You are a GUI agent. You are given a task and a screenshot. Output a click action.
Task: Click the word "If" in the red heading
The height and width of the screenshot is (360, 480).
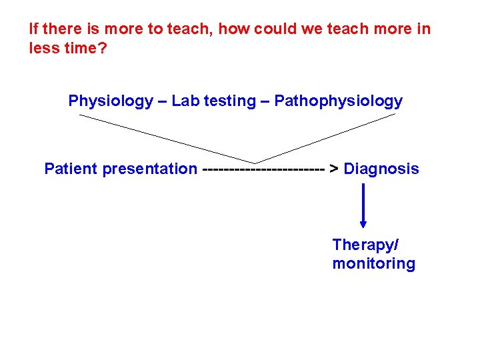click(x=34, y=29)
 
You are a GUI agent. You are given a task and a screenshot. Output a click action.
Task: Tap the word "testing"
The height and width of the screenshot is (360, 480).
click(x=230, y=101)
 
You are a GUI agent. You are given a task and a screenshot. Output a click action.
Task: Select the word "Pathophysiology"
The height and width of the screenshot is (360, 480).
click(x=339, y=101)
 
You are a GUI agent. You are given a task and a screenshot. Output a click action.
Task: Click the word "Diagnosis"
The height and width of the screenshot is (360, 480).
click(x=381, y=169)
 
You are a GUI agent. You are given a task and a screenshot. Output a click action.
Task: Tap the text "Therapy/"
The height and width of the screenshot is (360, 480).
click(x=365, y=245)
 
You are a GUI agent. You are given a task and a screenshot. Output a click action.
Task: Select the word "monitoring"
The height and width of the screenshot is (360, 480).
click(x=373, y=264)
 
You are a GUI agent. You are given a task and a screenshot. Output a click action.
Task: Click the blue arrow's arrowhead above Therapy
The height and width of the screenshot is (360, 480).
click(x=363, y=223)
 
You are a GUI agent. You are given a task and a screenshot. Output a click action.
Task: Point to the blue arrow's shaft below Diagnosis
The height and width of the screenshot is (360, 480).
click(x=363, y=200)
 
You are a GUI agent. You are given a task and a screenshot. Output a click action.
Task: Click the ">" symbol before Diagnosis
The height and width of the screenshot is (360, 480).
click(x=335, y=169)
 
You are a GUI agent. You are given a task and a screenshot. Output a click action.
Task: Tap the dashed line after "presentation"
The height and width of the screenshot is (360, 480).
click(x=263, y=169)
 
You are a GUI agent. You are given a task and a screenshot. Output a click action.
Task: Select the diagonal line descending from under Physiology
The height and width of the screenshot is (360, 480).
click(x=167, y=139)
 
